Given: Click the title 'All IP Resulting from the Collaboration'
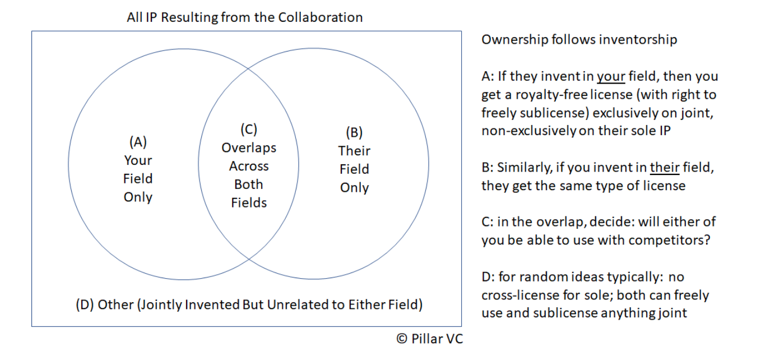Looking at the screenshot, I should pos(245,17).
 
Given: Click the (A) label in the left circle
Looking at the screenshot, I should pos(138,142).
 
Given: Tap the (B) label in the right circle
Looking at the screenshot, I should pos(354,132).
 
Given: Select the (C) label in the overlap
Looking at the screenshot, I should pos(249,130).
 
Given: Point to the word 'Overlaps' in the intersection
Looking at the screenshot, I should pos(249,148).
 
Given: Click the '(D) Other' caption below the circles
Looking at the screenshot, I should pos(104,305).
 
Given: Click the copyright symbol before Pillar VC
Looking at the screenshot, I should pos(401,339).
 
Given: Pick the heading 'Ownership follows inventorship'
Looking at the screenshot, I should pos(579,39).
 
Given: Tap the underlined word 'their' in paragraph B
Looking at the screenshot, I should pos(665,167).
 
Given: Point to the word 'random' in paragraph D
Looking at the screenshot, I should pos(537,277).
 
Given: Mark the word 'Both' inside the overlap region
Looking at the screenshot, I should pos(249,184).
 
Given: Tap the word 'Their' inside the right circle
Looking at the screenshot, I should pos(354,151).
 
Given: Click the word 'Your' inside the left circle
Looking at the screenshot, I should pos(138,160).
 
